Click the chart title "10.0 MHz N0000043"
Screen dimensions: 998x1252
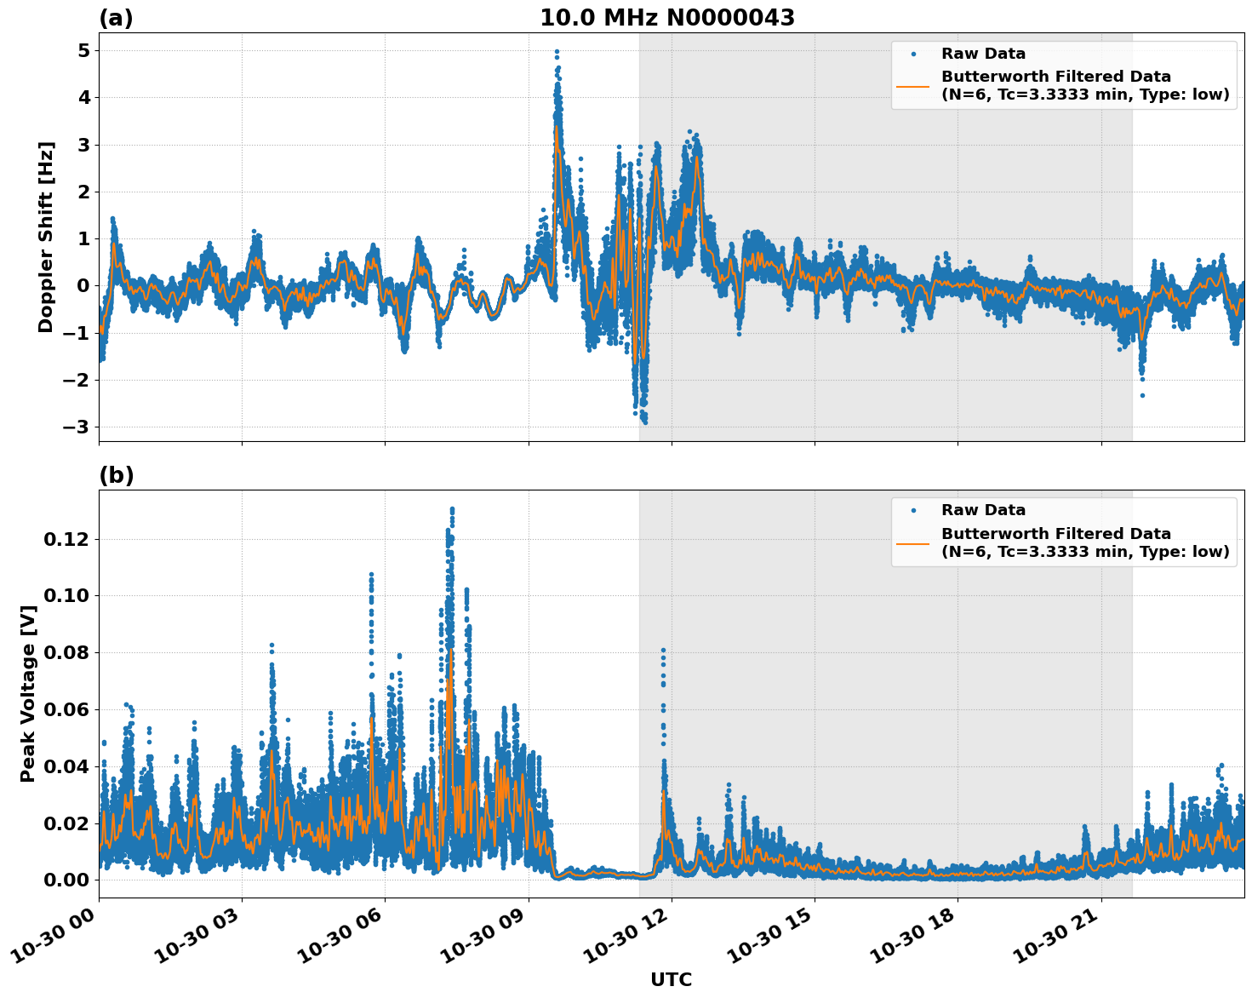pyautogui.click(x=667, y=18)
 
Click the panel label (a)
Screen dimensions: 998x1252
pyautogui.click(x=116, y=18)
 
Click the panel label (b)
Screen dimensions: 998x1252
pyautogui.click(x=116, y=475)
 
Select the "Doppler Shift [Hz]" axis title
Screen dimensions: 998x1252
pyautogui.click(x=46, y=237)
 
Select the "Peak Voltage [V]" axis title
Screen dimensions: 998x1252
pyautogui.click(x=28, y=693)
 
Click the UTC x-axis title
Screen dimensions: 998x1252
pyautogui.click(x=671, y=979)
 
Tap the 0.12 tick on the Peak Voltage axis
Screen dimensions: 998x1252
pyautogui.click(x=66, y=539)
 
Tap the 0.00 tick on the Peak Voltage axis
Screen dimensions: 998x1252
pyautogui.click(x=66, y=880)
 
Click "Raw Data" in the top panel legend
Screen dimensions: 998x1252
pyautogui.click(x=983, y=54)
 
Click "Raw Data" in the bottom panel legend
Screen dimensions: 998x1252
pyautogui.click(x=983, y=510)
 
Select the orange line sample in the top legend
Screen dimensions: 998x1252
pyautogui.click(x=913, y=86)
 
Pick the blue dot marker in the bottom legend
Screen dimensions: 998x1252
pyautogui.click(x=913, y=510)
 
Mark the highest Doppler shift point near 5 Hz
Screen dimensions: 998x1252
pyautogui.click(x=557, y=52)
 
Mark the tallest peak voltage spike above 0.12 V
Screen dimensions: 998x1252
pyautogui.click(x=452, y=510)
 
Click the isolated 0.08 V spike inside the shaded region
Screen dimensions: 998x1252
pyautogui.click(x=663, y=651)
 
